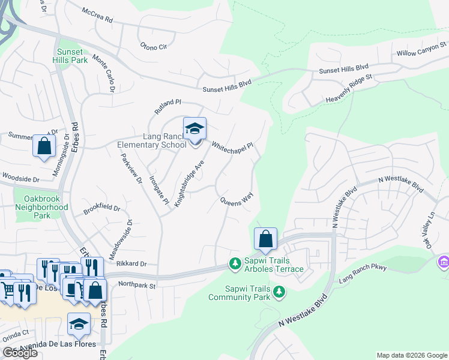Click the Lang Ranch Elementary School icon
(x=194, y=129)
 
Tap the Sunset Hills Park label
(x=71, y=56)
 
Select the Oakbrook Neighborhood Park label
(x=46, y=206)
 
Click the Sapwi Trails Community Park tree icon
(x=279, y=292)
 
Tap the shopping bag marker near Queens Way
(x=265, y=239)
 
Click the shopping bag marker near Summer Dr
(x=44, y=145)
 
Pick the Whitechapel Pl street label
(x=233, y=146)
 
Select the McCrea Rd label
(x=97, y=15)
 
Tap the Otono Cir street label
(x=152, y=47)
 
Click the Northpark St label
(x=137, y=285)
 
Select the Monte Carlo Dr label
(x=103, y=73)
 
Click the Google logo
(x=20, y=353)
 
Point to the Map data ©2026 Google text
(x=412, y=355)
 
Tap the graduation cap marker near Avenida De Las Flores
(x=79, y=324)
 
